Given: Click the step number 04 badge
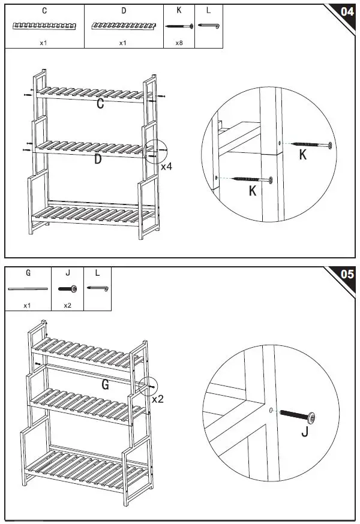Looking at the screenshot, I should (346, 11).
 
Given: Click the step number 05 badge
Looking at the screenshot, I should (346, 274).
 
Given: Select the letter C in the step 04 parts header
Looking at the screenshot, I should (45, 11).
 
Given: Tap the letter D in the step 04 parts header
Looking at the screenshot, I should (124, 11).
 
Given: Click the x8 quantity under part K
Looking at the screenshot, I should (179, 43).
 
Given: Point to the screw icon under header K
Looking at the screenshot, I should (179, 26).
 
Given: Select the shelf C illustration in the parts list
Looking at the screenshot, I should (45, 26).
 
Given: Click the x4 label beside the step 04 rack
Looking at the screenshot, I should (166, 166).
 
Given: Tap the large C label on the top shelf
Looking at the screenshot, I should (100, 104).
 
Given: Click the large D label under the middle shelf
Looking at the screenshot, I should (97, 159).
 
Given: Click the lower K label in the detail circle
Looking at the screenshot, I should (253, 191).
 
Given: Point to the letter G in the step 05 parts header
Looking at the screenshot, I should (28, 273).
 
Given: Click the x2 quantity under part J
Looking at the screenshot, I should (67, 305).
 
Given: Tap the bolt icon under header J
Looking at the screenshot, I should (67, 289).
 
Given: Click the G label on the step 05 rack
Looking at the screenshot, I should (105, 386).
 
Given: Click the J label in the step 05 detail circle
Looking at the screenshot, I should (304, 432).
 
